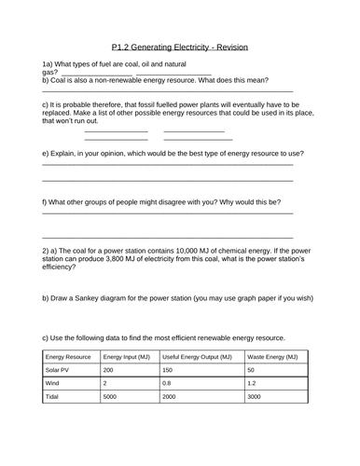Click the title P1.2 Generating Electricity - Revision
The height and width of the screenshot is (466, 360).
click(x=180, y=46)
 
